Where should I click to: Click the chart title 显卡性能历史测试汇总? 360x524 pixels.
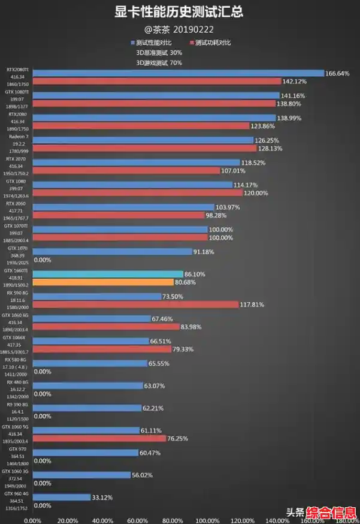pos(180,11)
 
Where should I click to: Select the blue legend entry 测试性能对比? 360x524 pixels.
pos(153,43)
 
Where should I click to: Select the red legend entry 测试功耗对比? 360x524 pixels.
pos(210,43)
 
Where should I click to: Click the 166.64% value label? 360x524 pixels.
pos(338,73)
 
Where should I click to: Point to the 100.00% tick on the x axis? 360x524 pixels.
pos(207,520)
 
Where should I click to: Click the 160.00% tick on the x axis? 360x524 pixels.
pos(311,520)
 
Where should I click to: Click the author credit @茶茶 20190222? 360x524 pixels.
pos(180,28)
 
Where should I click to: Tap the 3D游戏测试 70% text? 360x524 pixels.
pos(159,62)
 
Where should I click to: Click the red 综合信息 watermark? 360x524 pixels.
pos(332,513)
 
